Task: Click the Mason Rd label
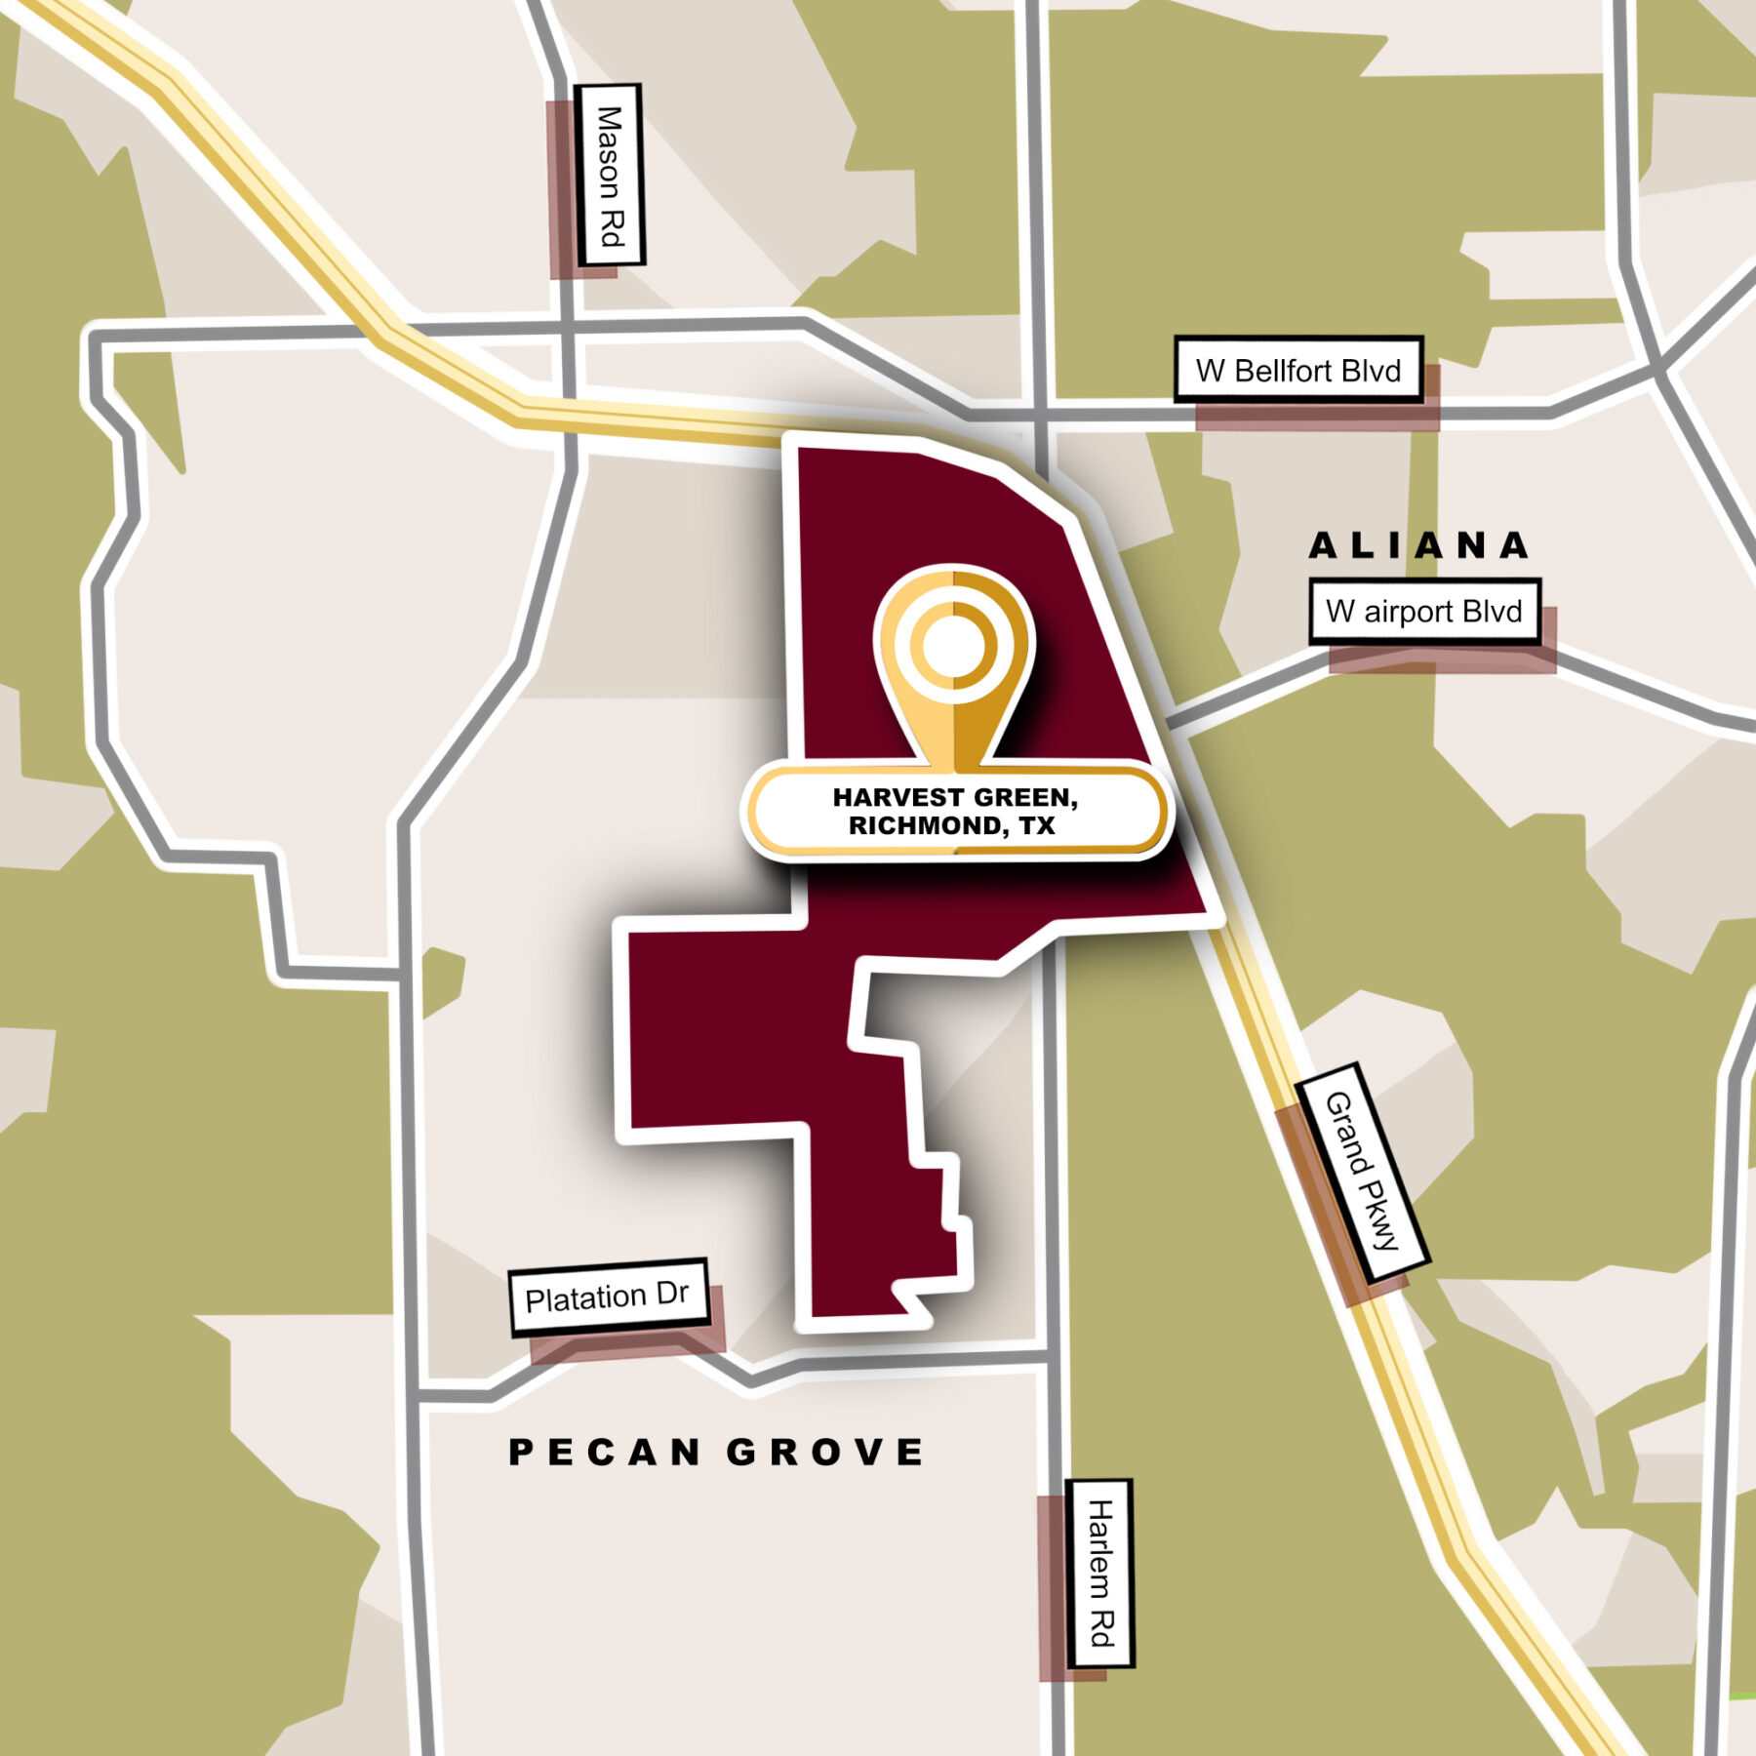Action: [x=609, y=176]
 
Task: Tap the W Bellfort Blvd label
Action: [x=1297, y=370]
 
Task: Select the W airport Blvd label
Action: [x=1423, y=612]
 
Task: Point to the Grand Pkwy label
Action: [x=1362, y=1172]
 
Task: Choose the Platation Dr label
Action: [x=607, y=1297]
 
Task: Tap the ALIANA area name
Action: [x=1419, y=546]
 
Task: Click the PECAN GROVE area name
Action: [x=717, y=1453]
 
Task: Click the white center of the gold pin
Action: [x=953, y=647]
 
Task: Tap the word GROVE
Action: [x=826, y=1453]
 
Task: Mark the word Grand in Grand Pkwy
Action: [x=1348, y=1136]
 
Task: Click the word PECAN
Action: [x=605, y=1453]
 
